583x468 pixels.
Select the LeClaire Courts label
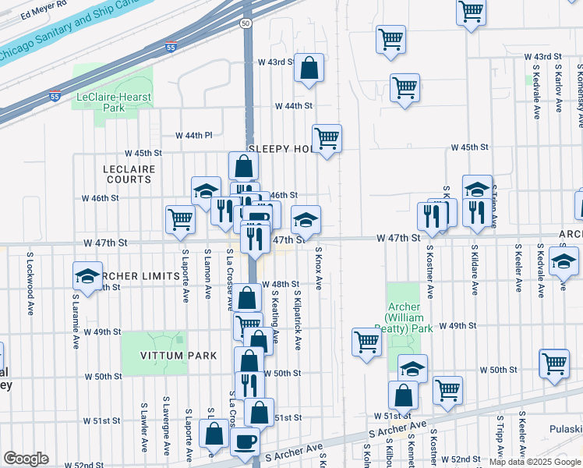[128, 174]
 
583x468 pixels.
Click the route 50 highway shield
[246, 24]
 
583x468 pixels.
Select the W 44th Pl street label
[194, 135]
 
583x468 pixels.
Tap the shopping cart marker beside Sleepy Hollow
[327, 138]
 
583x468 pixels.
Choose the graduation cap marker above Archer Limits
[87, 275]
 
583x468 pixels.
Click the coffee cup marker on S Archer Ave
[246, 441]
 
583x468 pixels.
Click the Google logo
[26, 459]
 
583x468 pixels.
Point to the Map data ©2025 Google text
[535, 462]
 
